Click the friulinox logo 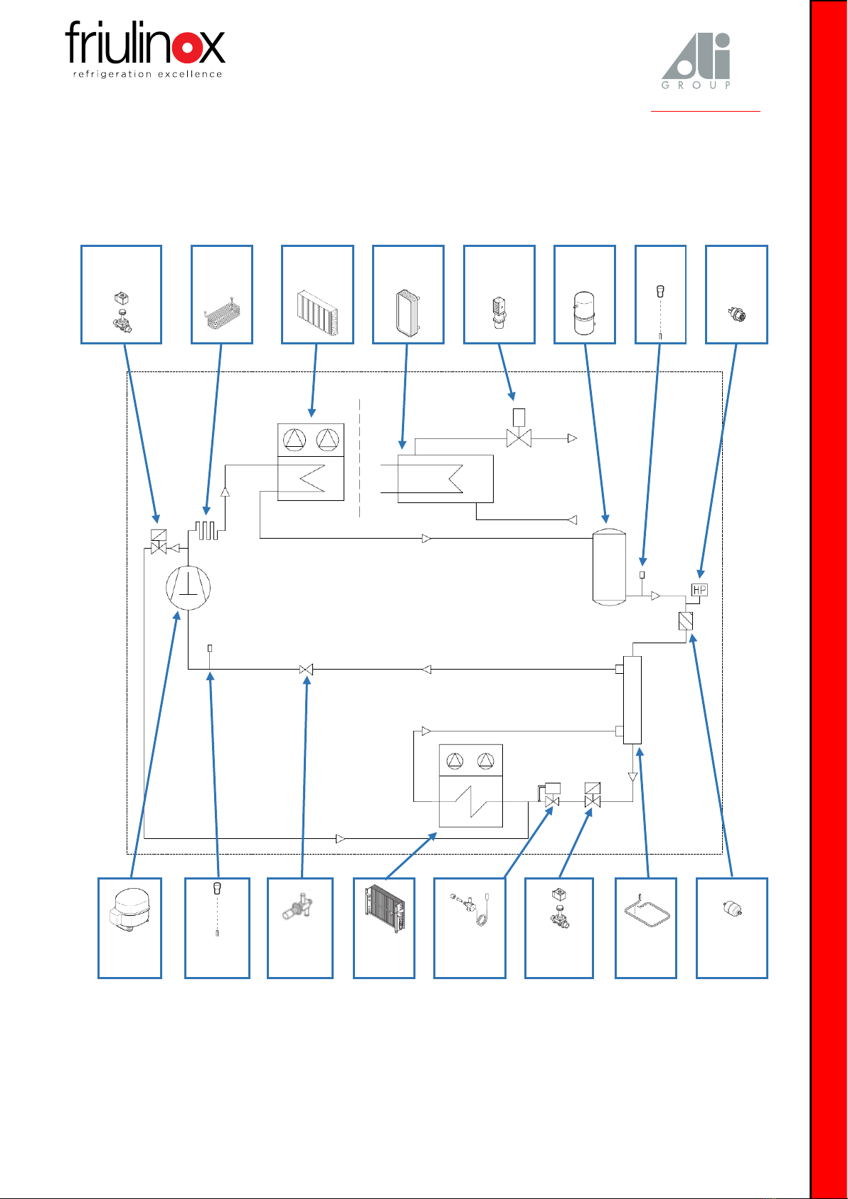(145, 49)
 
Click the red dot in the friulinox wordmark (187, 48)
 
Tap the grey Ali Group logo (696, 61)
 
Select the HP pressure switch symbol (699, 590)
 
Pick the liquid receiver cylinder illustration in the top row (583, 313)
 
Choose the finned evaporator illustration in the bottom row (385, 909)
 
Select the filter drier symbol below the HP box (685, 621)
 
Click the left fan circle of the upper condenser (295, 440)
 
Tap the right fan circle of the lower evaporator (486, 761)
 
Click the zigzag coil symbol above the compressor (206, 530)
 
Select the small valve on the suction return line (306, 669)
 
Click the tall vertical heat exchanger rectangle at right (632, 700)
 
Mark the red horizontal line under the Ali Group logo (705, 111)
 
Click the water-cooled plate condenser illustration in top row (408, 313)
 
